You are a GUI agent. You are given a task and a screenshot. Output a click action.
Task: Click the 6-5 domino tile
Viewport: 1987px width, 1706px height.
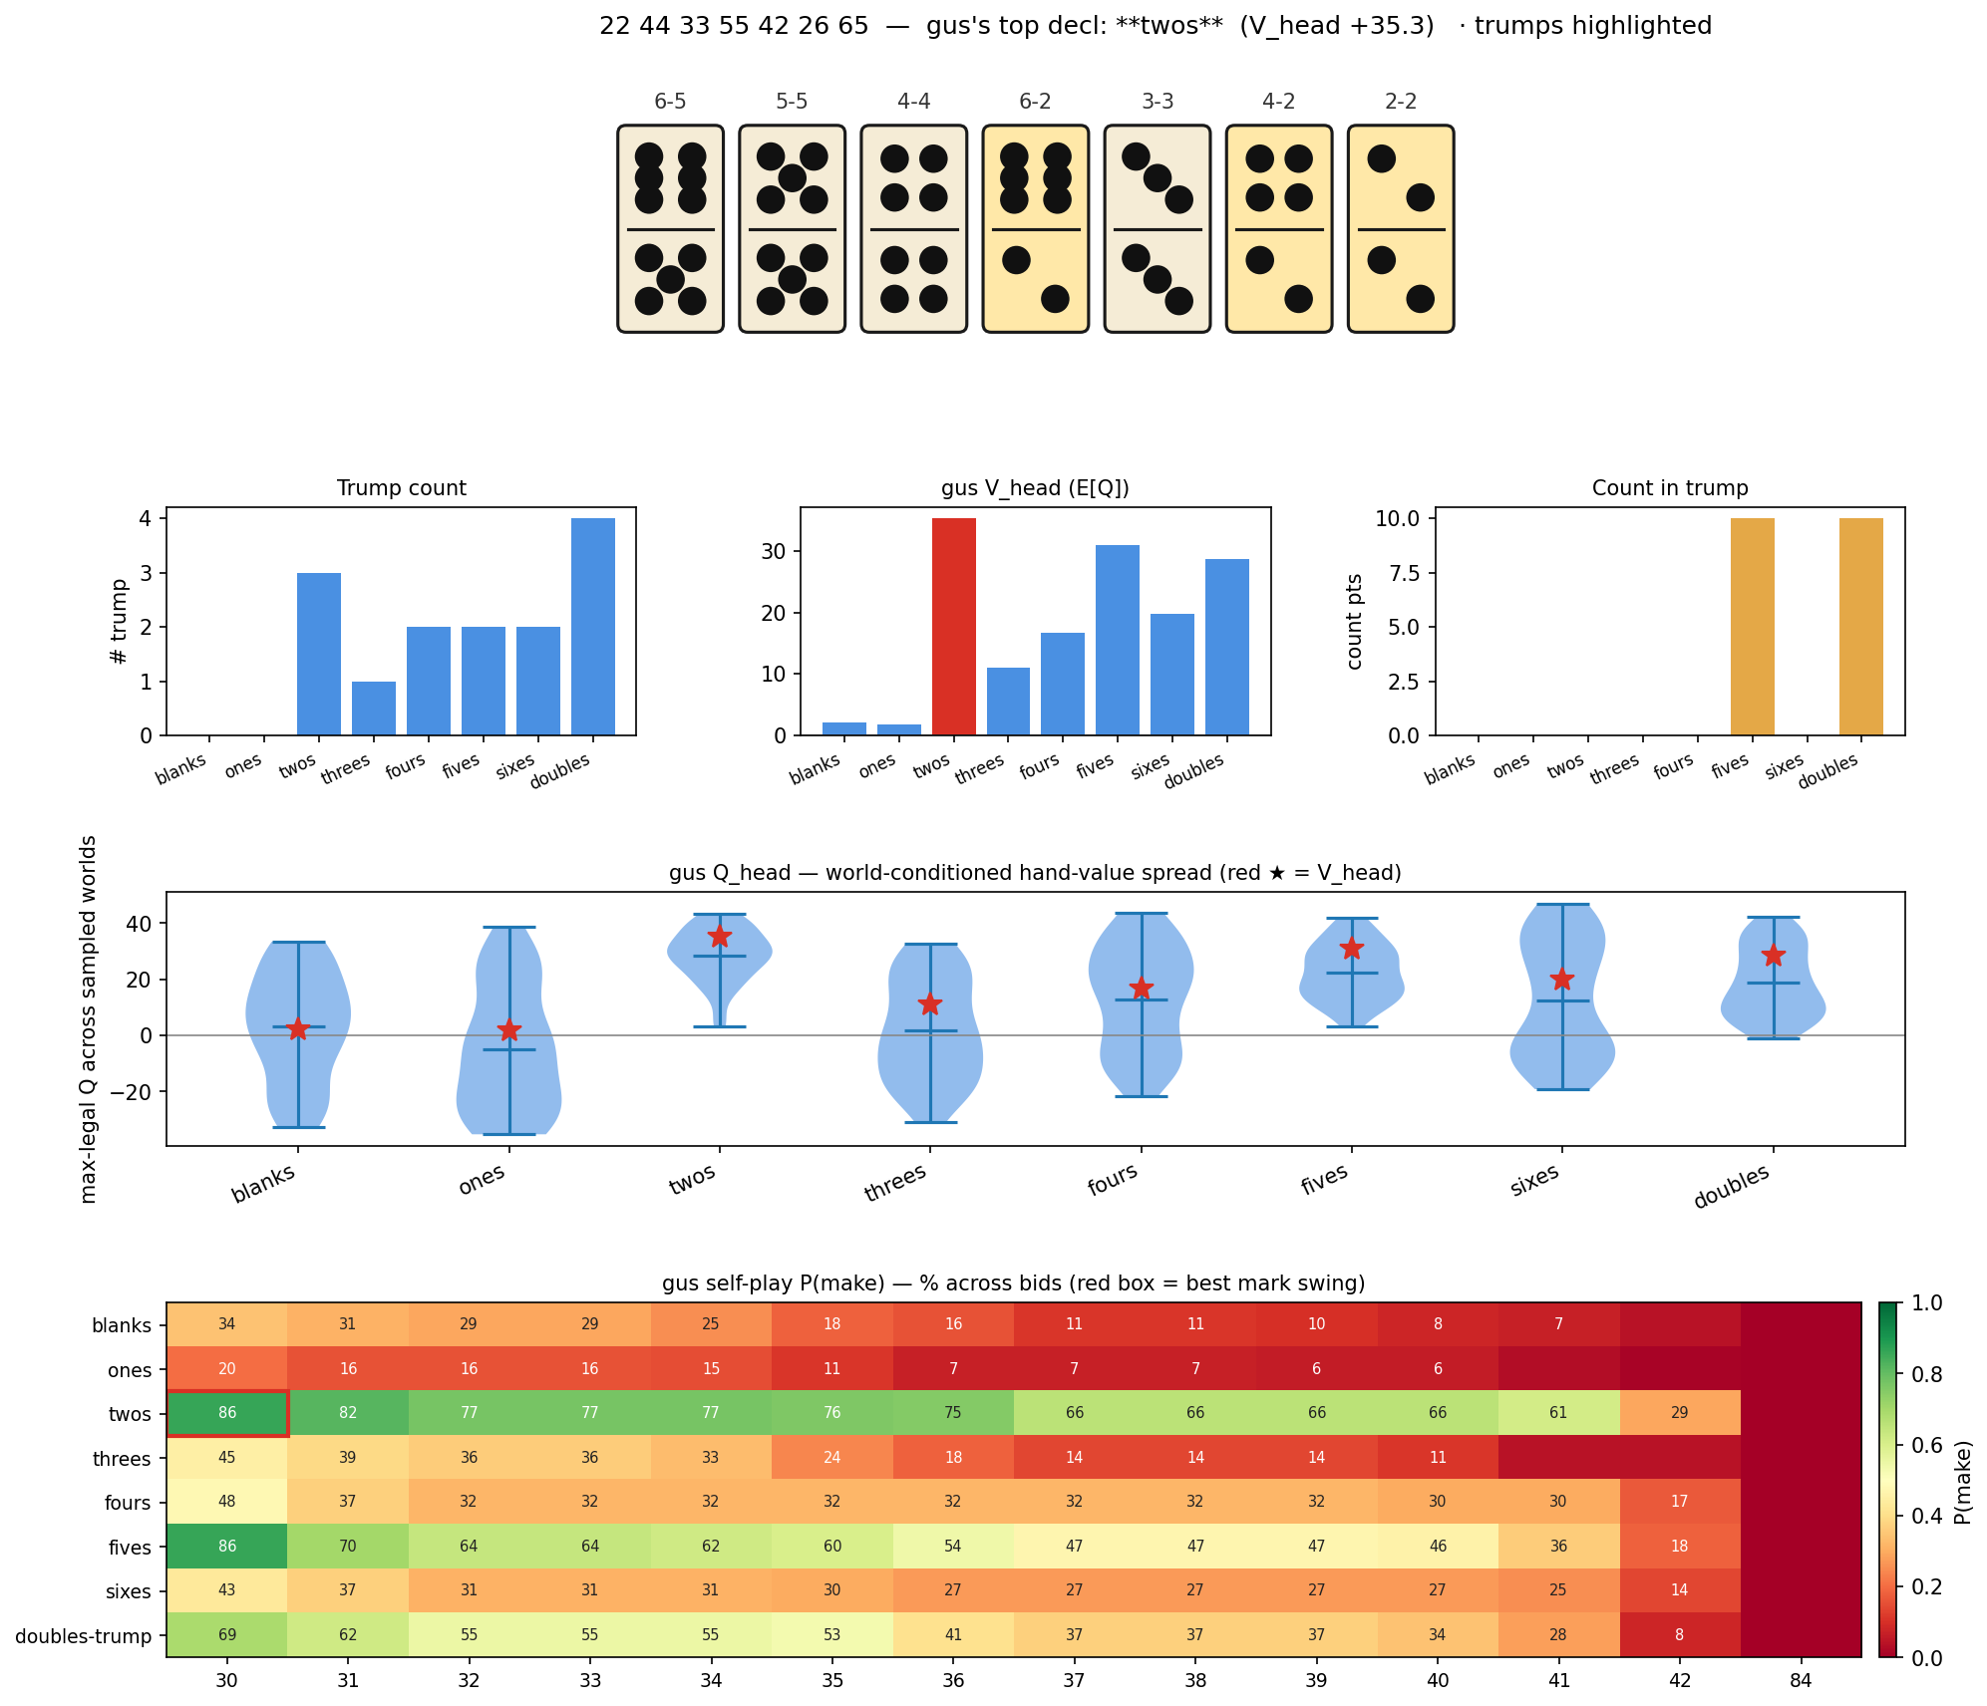[x=670, y=228]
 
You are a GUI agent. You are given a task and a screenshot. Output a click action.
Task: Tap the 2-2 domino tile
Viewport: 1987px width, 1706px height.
[x=1400, y=228]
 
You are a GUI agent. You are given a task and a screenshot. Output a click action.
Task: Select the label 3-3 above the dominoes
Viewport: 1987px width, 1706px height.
[x=1157, y=102]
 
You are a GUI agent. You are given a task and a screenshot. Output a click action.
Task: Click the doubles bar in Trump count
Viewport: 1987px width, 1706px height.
[x=592, y=627]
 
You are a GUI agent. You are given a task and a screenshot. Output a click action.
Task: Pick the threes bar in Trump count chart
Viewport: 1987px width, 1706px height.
[x=374, y=708]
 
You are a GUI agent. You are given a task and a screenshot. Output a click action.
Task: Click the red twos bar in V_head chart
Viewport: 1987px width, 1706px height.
[x=953, y=627]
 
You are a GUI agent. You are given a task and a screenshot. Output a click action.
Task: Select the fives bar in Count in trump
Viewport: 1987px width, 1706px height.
[x=1752, y=627]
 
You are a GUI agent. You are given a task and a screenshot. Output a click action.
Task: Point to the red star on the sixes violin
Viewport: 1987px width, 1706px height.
[x=1562, y=980]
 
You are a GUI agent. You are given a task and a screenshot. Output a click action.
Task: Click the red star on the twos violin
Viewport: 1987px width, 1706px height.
[x=720, y=937]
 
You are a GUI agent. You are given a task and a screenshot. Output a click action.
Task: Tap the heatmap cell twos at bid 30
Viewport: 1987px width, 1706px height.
[x=227, y=1413]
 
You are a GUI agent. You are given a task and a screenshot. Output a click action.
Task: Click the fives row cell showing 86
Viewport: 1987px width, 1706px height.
[x=227, y=1547]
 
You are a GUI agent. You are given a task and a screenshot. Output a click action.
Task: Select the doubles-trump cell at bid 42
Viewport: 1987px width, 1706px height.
[x=1680, y=1635]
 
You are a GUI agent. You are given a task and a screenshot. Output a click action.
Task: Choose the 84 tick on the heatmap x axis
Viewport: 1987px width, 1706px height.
[x=1801, y=1681]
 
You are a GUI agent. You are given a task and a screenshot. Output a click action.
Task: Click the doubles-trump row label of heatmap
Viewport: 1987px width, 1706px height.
[x=84, y=1636]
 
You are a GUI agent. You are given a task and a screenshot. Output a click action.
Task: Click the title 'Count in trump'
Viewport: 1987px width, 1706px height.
[x=1670, y=488]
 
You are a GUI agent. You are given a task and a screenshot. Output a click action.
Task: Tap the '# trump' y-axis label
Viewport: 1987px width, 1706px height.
[x=121, y=622]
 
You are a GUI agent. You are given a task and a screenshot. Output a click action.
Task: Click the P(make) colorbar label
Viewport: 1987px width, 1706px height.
[x=1961, y=1480]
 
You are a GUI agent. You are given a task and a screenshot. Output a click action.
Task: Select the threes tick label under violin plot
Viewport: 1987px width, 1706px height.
[x=895, y=1184]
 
